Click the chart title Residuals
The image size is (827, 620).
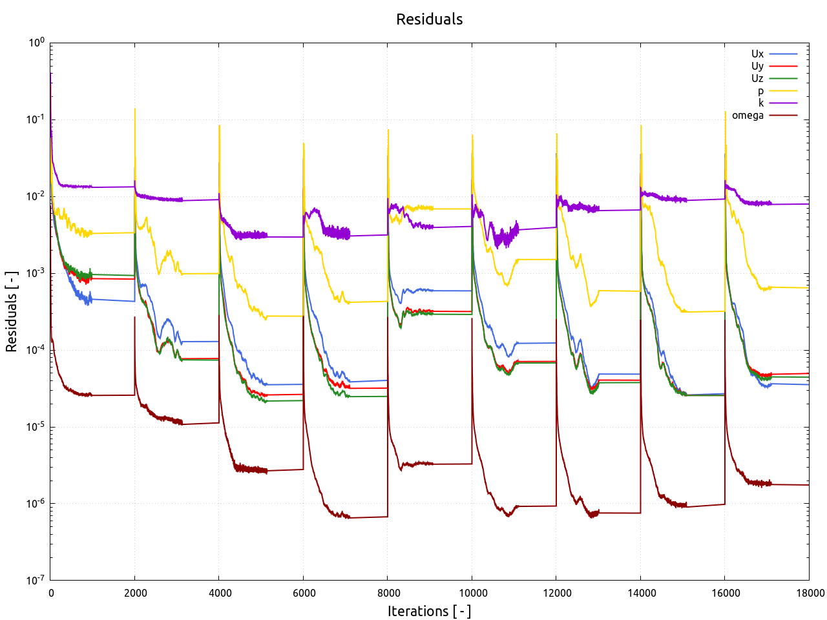429,19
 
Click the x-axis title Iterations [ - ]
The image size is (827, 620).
429,611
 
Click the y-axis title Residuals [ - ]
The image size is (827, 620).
11,312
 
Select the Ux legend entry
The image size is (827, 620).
757,54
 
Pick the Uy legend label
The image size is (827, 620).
757,66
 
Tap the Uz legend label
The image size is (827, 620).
757,78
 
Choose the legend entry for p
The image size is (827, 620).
760,91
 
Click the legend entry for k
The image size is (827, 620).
761,103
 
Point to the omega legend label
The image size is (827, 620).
748,116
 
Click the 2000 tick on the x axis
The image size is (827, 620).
134,593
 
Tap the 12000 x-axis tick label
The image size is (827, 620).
556,593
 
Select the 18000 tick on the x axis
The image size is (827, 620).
809,593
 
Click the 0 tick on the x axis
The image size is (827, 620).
50,593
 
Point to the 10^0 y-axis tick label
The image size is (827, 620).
36,43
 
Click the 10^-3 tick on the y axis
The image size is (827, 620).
36,273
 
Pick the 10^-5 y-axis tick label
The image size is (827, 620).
36,427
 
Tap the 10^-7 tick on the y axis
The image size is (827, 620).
36,580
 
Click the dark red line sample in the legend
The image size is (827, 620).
783,116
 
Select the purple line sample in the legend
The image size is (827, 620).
783,103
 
